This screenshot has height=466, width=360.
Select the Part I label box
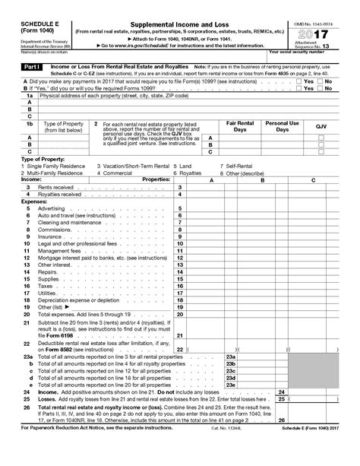point(19,67)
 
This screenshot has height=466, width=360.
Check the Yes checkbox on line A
point(298,81)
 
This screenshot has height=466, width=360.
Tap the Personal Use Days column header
point(282,125)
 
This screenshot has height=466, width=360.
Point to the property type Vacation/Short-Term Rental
point(133,165)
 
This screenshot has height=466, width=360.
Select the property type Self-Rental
point(236,165)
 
